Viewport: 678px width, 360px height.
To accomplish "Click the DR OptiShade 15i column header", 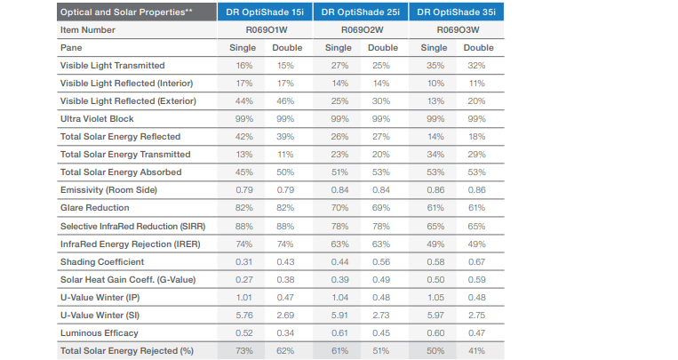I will (266, 12).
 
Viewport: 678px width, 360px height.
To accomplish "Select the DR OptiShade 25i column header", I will (362, 12).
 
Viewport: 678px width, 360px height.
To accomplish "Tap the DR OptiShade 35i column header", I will (456, 12).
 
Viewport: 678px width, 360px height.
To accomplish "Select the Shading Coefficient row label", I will (99, 260).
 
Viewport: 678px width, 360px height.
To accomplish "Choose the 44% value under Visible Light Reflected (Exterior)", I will (243, 100).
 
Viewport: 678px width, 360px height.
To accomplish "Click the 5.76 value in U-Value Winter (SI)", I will (243, 314).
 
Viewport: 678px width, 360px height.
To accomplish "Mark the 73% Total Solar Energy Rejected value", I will (243, 350).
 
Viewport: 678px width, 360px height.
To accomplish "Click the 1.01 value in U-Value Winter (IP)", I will (243, 296).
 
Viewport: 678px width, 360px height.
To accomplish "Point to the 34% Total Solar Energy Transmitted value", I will (433, 154).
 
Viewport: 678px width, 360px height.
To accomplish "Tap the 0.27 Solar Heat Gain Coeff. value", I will (243, 278).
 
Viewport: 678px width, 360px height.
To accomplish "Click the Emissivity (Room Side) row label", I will (106, 189).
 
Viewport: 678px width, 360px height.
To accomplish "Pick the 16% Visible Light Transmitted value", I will (243, 65).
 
